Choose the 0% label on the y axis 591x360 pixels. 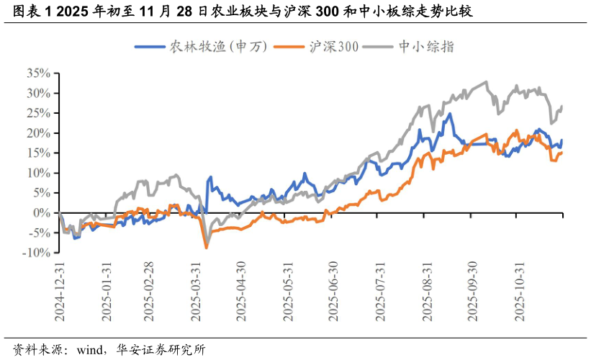click(42, 213)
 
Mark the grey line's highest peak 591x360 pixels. click(487, 82)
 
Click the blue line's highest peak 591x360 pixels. click(451, 114)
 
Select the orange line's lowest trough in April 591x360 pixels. click(207, 248)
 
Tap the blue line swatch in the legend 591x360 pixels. click(149, 47)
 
